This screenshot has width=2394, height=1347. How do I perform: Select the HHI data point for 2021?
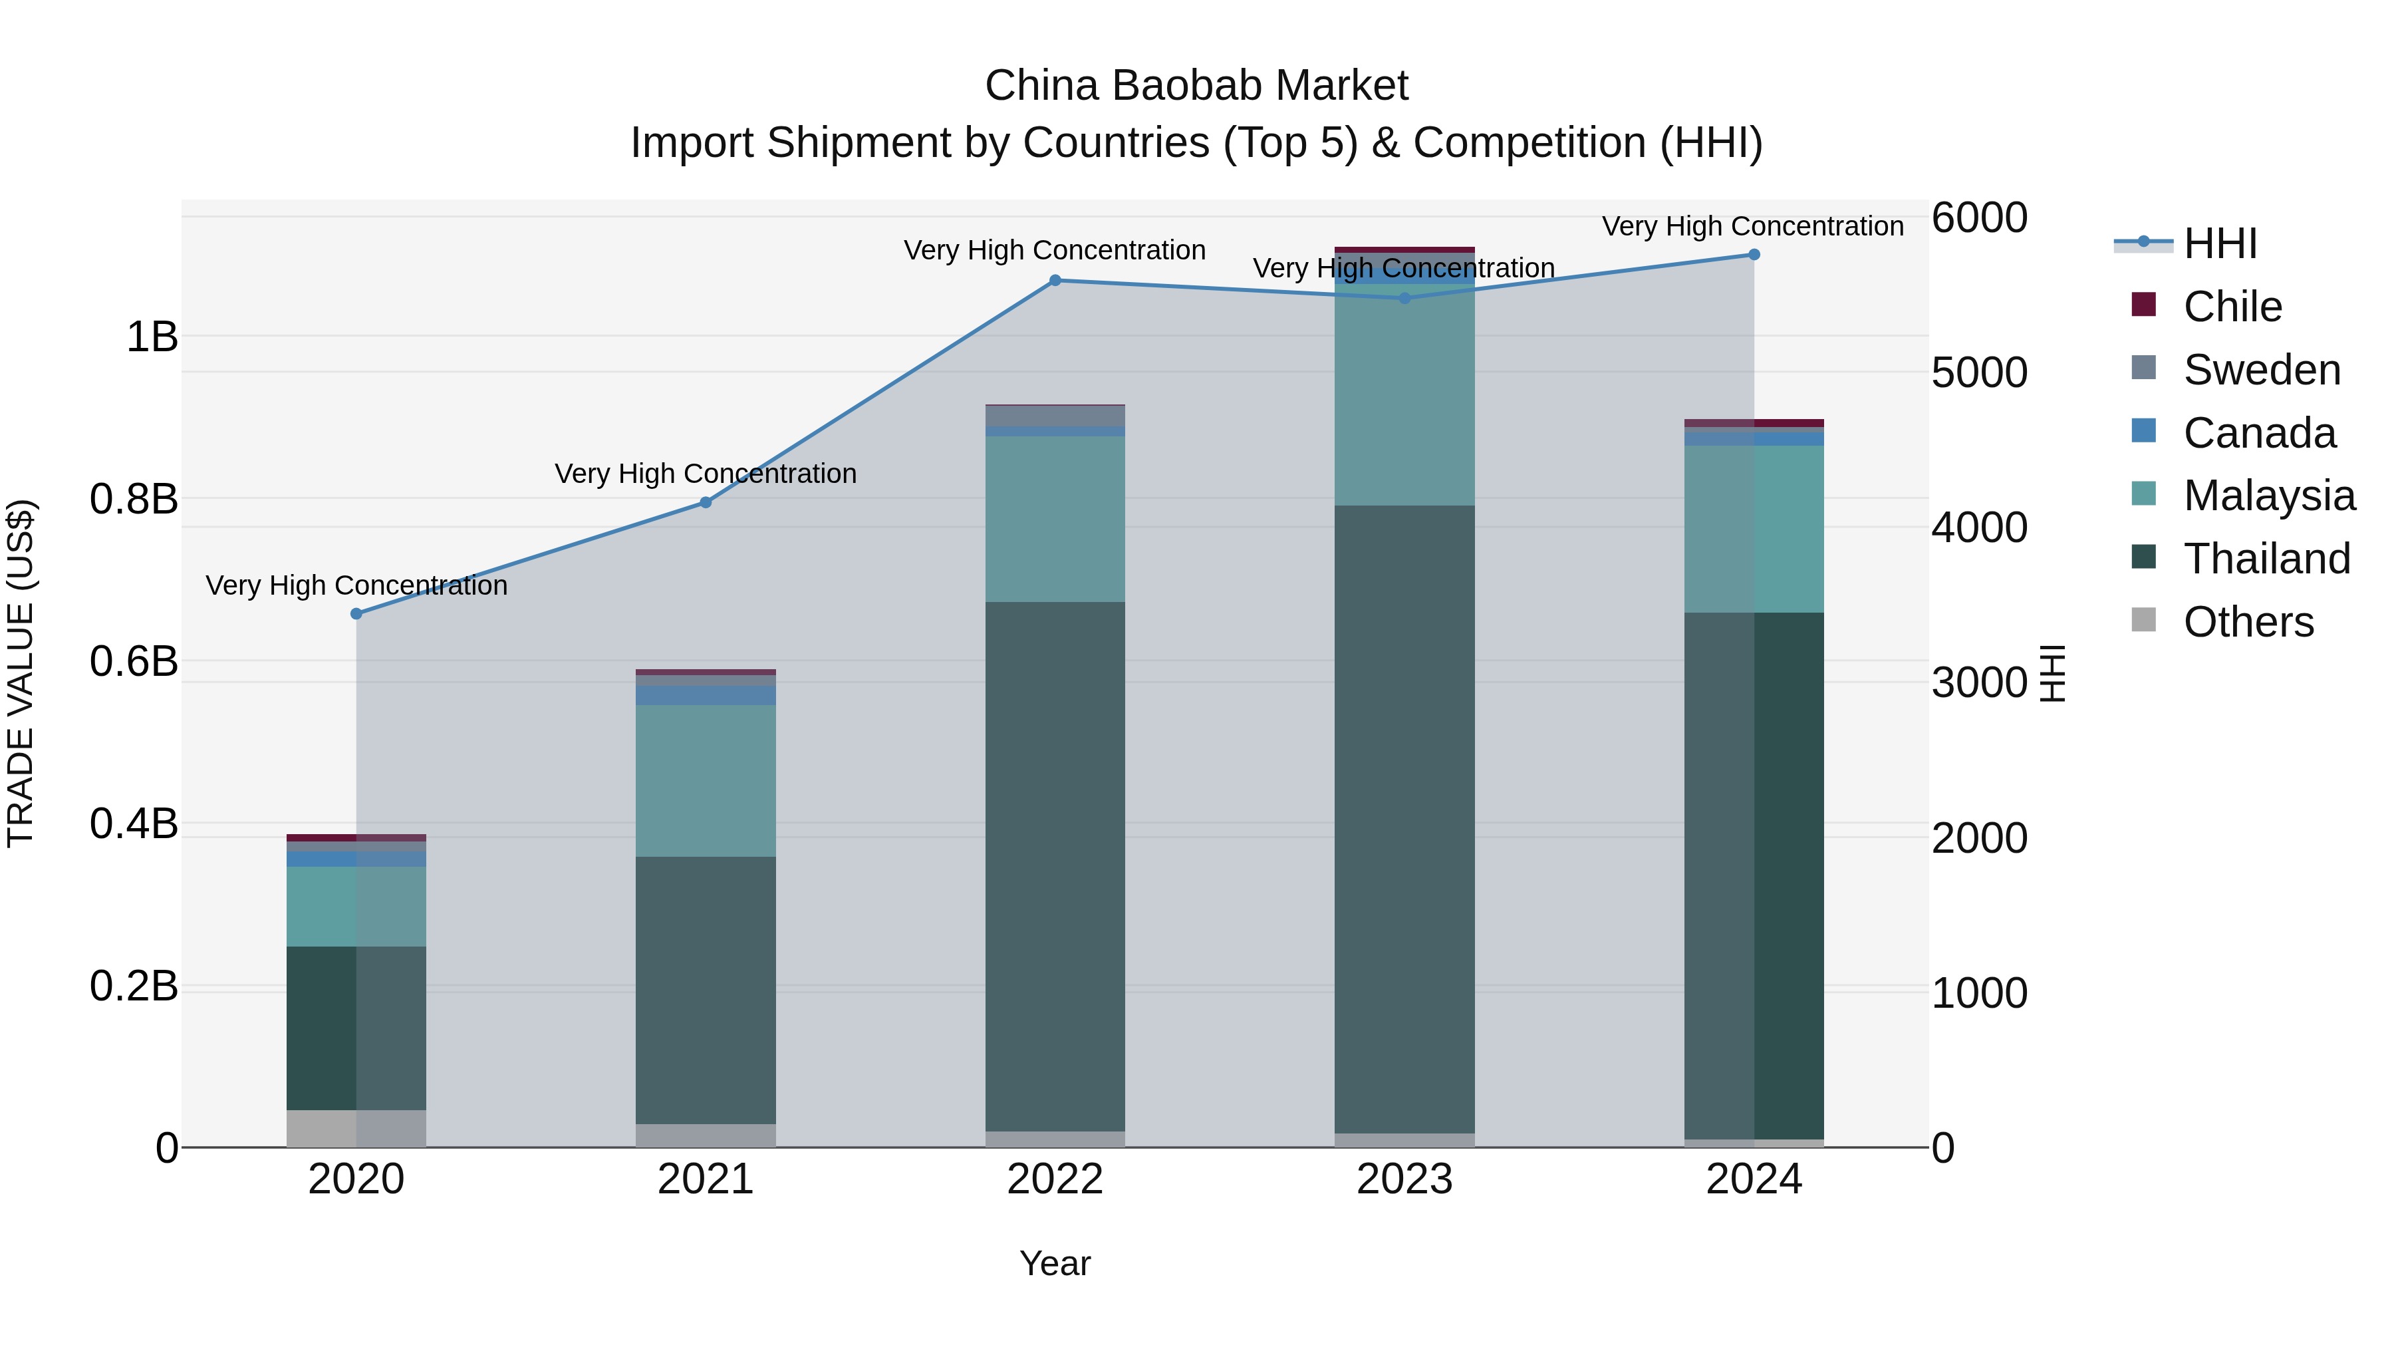coord(706,502)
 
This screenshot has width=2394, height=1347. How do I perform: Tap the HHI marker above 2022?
coord(1055,280)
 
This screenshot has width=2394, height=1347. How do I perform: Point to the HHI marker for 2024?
coord(1754,254)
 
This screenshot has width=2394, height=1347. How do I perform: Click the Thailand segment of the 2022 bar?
coord(1055,865)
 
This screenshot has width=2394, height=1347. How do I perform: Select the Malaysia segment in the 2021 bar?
coord(706,780)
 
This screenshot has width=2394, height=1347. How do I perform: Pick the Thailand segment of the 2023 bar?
coord(1404,818)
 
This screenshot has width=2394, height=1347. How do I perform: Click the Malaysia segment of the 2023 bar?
coord(1404,400)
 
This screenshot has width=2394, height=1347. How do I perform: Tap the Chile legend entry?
coord(2231,307)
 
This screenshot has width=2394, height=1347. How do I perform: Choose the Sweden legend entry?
coord(2260,370)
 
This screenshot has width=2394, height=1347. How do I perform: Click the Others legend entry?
coord(2247,622)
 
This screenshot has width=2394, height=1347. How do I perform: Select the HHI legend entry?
coord(2219,243)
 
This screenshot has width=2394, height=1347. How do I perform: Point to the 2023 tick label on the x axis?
coord(1404,1179)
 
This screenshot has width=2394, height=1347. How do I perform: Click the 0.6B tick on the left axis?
coord(134,662)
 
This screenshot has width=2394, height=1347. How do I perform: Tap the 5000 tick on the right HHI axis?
coord(1978,373)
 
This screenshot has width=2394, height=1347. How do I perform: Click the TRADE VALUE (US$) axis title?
coord(21,673)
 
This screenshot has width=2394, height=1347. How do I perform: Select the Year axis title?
coord(1055,1263)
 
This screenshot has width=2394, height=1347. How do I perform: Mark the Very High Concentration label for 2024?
coord(1753,226)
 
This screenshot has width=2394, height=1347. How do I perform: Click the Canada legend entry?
coord(2258,433)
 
